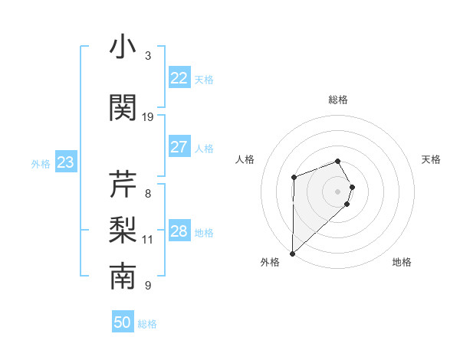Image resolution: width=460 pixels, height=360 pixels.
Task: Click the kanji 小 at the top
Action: tap(123, 47)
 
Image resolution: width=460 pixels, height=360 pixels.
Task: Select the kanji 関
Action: tap(123, 107)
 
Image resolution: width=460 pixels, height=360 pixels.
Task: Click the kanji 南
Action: tap(123, 277)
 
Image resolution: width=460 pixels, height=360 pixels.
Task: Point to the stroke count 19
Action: tap(148, 116)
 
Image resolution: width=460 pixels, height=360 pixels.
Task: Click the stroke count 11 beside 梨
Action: tap(148, 240)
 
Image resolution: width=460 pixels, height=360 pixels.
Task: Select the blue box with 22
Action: tap(179, 79)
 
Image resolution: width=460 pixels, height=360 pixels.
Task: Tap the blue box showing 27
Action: tap(179, 148)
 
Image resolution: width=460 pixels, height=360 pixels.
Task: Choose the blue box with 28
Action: tap(179, 232)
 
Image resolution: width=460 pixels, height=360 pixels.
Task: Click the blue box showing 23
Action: tap(65, 162)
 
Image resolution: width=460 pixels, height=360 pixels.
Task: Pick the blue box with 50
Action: tap(123, 322)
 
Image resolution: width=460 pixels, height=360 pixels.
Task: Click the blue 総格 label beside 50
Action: tap(147, 324)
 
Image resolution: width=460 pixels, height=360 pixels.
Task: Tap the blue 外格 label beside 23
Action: tap(41, 164)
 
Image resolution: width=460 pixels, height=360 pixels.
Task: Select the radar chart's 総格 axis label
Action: tap(337, 100)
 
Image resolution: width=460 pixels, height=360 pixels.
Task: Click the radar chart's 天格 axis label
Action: tap(432, 159)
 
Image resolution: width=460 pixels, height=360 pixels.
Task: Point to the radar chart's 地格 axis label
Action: tap(402, 263)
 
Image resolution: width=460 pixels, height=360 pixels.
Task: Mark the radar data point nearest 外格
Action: tap(292, 253)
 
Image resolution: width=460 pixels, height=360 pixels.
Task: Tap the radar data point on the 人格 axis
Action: tap(294, 178)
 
